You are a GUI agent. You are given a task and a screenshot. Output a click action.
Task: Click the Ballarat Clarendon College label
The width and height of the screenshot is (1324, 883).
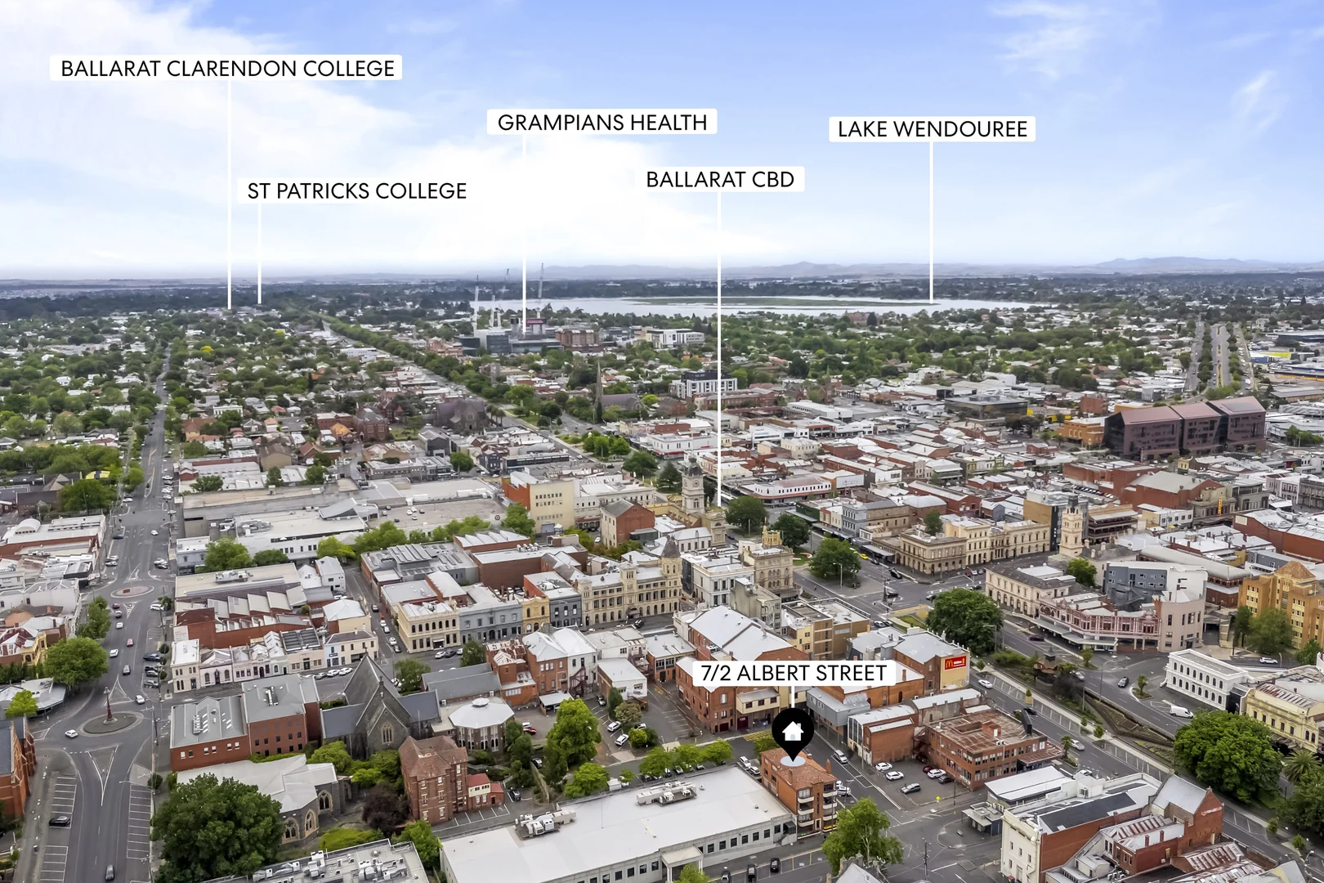tap(227, 69)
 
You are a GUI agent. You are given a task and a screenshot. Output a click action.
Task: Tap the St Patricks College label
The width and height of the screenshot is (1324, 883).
tap(356, 191)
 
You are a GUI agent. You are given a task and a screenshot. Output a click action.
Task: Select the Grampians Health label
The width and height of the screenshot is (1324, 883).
tap(602, 123)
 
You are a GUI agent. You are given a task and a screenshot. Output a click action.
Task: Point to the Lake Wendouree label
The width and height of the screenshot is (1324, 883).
tap(932, 129)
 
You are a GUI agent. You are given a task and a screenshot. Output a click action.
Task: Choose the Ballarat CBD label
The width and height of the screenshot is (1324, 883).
tap(720, 180)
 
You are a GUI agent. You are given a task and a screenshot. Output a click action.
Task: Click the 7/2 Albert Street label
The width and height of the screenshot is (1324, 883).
tap(794, 674)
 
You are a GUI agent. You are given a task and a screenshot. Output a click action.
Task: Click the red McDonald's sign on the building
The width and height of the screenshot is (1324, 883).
tap(955, 663)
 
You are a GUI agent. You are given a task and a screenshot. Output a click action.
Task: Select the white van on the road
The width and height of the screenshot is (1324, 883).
tap(1180, 711)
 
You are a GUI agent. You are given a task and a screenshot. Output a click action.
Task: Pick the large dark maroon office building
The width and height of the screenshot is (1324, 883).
tap(1185, 427)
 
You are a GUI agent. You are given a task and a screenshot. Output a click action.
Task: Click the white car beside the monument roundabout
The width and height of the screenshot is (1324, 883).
tap(71, 733)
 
